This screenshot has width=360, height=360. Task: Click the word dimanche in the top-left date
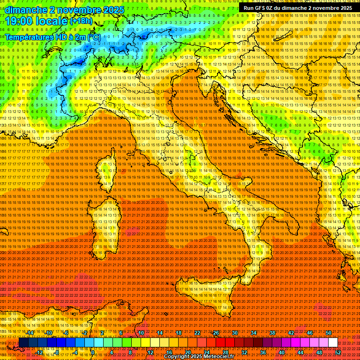pyautogui.click(x=26, y=9)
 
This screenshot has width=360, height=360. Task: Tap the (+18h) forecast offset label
pyautogui.click(x=81, y=21)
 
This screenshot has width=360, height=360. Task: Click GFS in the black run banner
pyautogui.click(x=261, y=8)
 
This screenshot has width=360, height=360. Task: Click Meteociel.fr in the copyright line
pyautogui.click(x=216, y=357)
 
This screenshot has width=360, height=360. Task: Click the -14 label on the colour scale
pyautogui.click(x=30, y=333)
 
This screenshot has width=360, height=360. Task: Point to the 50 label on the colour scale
pyautogui.click(x=329, y=333)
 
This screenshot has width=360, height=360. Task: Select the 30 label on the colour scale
pyautogui.click(x=235, y=333)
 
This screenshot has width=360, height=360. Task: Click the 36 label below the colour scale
pyautogui.click(x=263, y=352)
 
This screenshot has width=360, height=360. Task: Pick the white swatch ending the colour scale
pyautogui.click(x=333, y=343)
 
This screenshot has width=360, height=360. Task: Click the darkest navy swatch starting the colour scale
pyautogui.click(x=23, y=343)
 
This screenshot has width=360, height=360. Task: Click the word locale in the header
pyautogui.click(x=52, y=21)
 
